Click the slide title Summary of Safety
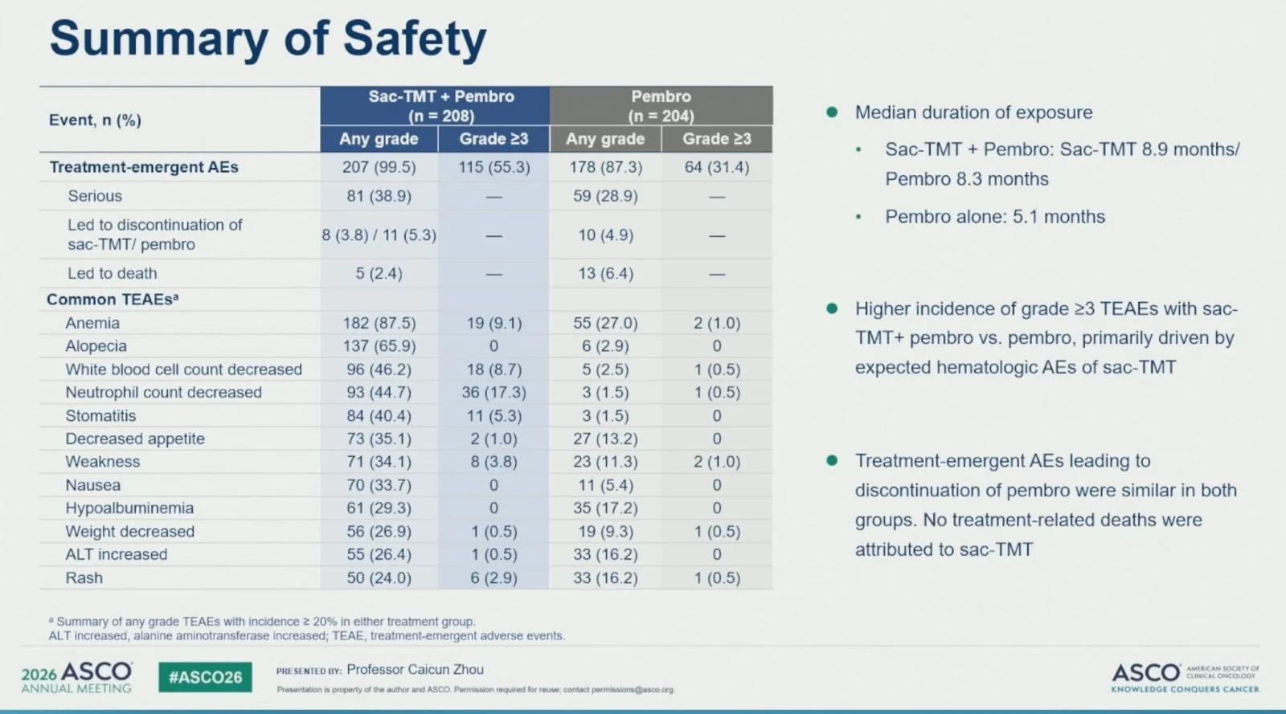tap(268, 39)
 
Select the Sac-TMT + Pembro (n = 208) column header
tap(441, 105)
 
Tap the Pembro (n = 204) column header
tap(661, 105)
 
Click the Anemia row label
tap(92, 323)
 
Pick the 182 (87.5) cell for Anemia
tap(379, 323)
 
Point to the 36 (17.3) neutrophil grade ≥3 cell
tap(494, 392)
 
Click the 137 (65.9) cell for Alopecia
tap(379, 346)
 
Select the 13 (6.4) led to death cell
tap(605, 273)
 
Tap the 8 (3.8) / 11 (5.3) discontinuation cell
tap(379, 235)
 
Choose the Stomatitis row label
tap(100, 415)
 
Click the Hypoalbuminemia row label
tap(129, 508)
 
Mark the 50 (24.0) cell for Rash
tap(379, 577)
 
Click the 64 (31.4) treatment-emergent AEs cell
tap(716, 167)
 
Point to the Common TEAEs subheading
tap(113, 299)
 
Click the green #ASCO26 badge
tap(205, 677)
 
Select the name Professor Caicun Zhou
tap(415, 669)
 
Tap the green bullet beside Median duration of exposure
tap(831, 112)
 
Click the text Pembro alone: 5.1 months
tap(995, 216)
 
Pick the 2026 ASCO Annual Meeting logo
tap(77, 677)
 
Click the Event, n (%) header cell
tap(95, 120)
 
